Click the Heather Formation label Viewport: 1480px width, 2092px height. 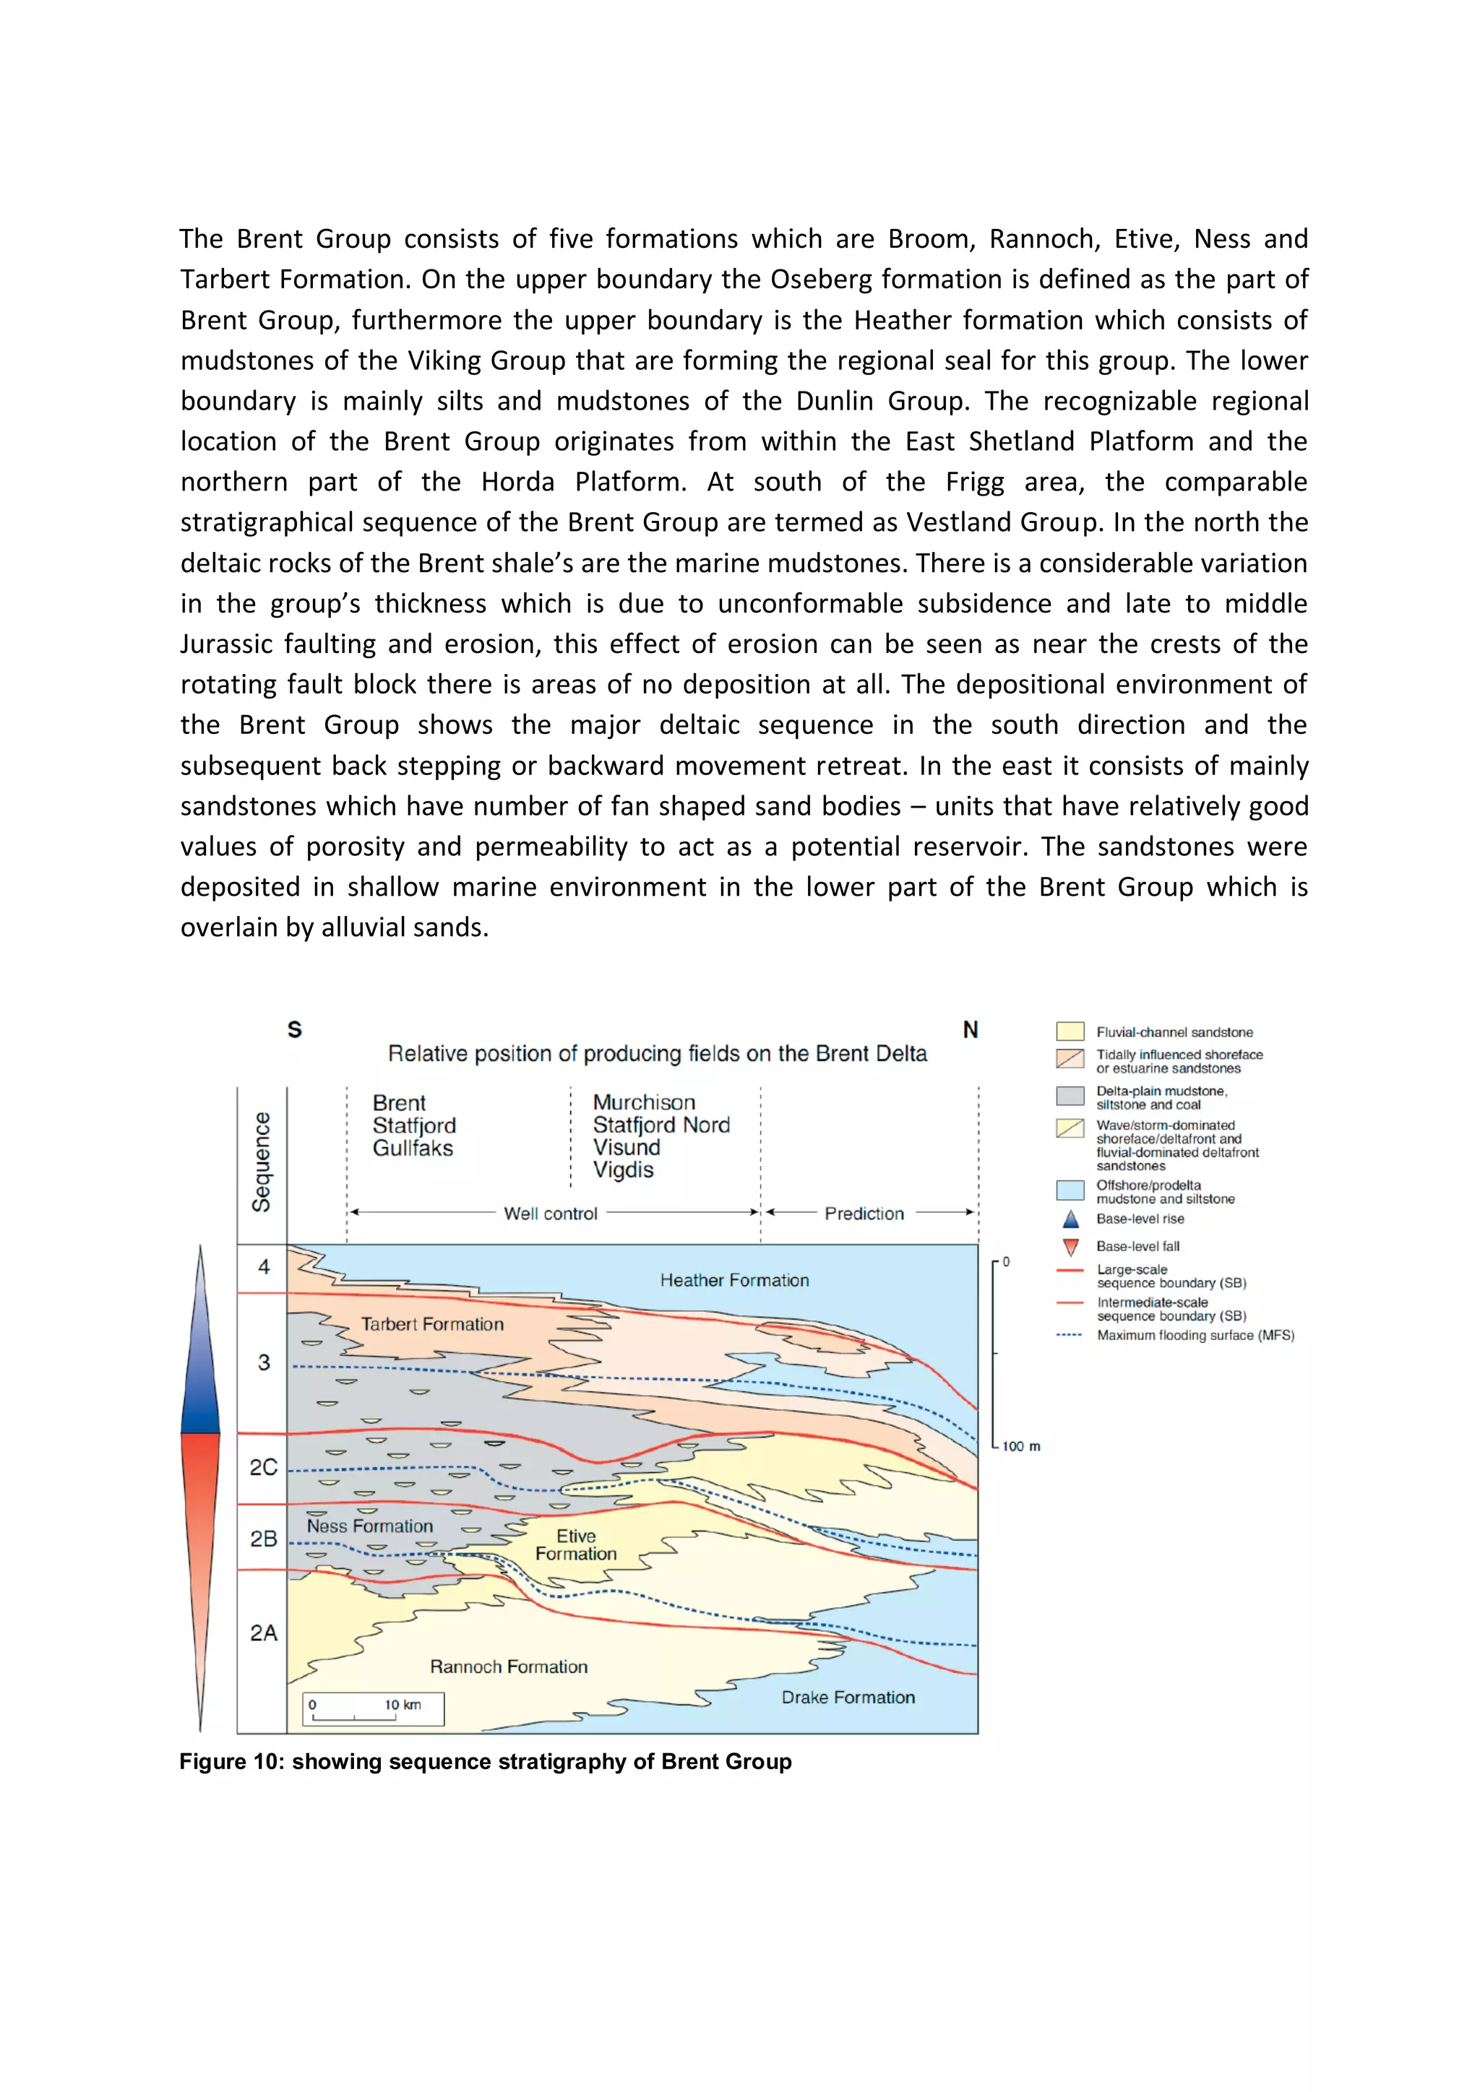click(733, 1280)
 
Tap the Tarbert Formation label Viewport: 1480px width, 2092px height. click(432, 1324)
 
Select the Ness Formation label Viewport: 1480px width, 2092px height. click(369, 1526)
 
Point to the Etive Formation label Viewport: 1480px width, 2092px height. click(576, 1544)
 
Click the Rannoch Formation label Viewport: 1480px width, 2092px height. click(509, 1667)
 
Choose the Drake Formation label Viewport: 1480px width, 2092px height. click(848, 1698)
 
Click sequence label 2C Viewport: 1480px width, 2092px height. click(263, 1468)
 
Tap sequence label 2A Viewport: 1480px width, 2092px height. click(263, 1633)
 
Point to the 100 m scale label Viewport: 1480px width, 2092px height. click(1020, 1447)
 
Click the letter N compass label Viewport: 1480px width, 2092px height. click(971, 1029)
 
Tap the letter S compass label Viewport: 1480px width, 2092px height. click(294, 1029)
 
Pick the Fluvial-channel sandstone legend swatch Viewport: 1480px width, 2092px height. click(1070, 1032)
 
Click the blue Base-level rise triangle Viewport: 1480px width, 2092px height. click(1071, 1219)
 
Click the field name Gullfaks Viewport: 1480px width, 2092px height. click(412, 1148)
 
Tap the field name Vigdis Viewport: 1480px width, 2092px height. click(624, 1170)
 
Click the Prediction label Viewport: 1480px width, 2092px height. click(864, 1214)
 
